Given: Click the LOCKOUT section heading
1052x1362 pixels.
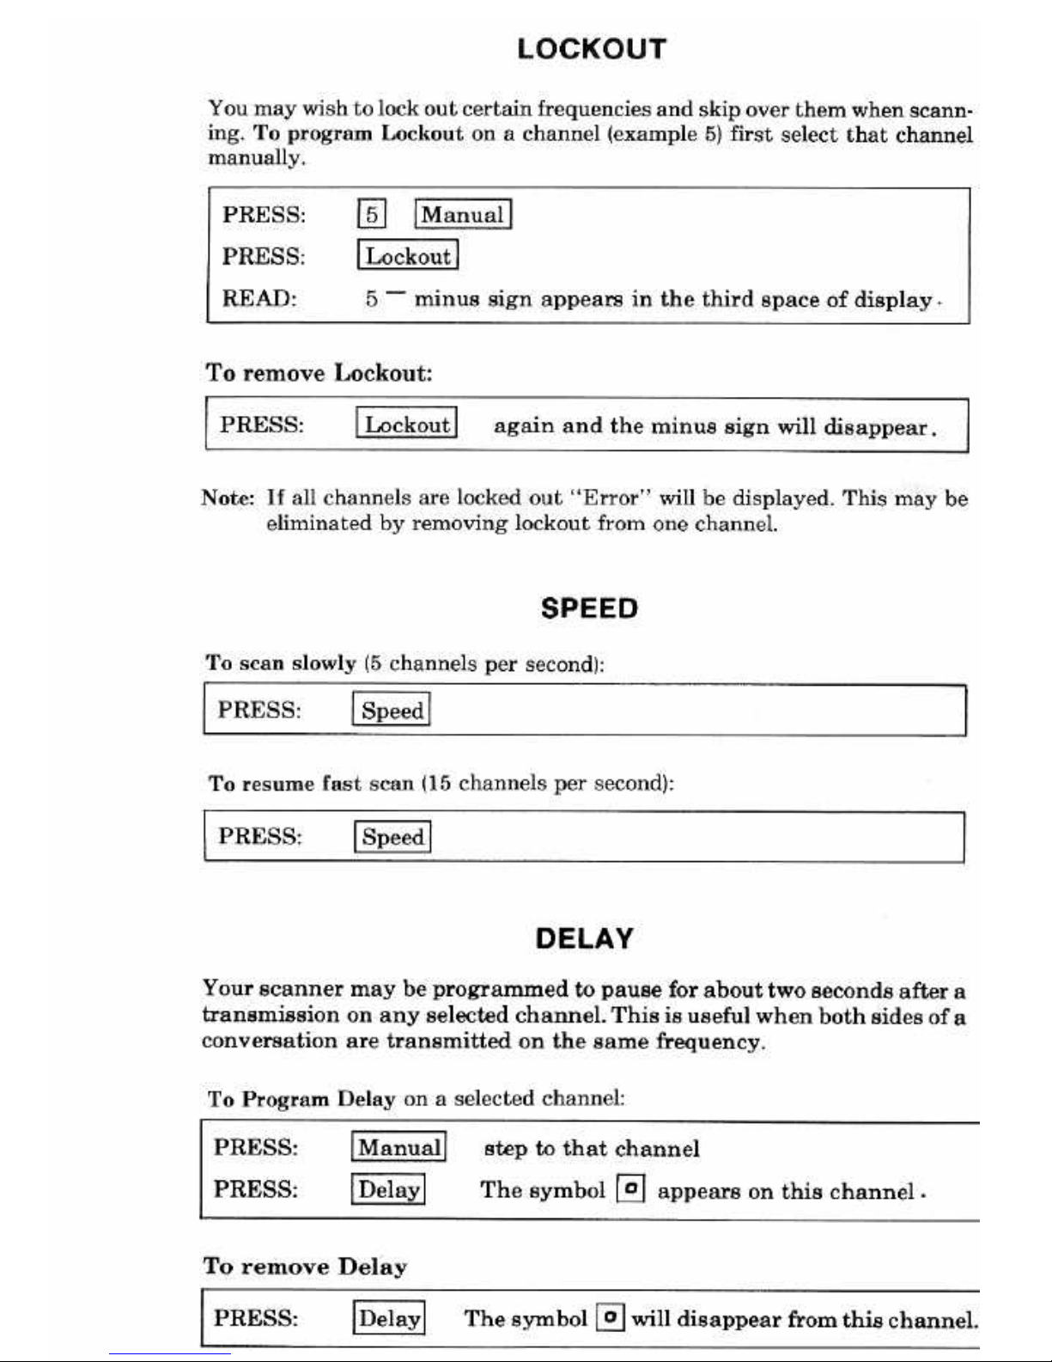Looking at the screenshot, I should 592,49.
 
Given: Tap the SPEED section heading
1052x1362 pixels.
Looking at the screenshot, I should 589,608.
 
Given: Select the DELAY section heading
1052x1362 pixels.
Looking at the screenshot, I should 584,938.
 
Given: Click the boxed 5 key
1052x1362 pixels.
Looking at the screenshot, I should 371,214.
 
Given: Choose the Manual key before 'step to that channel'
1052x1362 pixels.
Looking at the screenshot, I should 398,1147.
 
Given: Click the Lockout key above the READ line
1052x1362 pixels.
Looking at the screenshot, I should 407,256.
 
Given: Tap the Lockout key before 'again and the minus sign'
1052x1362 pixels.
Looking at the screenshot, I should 406,424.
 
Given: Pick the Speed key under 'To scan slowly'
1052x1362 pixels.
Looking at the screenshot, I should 392,711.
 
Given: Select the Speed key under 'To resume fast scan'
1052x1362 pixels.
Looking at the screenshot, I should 392,837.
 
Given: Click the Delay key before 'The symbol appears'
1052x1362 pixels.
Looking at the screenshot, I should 388,1190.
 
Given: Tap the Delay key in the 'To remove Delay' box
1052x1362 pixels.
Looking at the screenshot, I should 389,1318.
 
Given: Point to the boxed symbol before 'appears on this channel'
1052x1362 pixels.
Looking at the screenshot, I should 631,1189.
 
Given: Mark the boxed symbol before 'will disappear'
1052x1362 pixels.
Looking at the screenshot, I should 610,1317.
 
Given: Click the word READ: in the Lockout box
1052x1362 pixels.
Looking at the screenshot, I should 259,298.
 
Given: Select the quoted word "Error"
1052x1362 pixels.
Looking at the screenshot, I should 611,498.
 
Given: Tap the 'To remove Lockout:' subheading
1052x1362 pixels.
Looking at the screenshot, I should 319,373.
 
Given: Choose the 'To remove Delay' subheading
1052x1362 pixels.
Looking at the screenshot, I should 305,1267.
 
